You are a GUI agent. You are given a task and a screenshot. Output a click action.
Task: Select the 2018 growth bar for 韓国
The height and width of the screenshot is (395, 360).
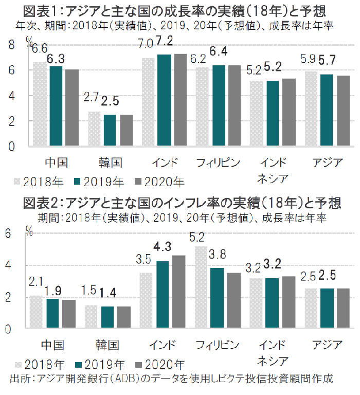click(x=95, y=129)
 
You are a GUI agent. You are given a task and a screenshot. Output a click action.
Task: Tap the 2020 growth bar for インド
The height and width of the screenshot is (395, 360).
click(x=180, y=100)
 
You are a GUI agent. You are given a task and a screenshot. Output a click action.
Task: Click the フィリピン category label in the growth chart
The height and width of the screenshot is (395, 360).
click(x=219, y=163)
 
